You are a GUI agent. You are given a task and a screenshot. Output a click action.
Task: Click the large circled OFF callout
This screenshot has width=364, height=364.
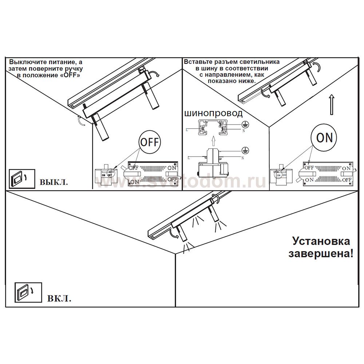[x=149, y=142]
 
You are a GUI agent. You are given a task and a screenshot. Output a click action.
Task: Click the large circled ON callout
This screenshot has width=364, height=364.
[x=324, y=138]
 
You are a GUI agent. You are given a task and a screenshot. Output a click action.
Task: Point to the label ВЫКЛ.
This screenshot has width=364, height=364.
[x=54, y=182]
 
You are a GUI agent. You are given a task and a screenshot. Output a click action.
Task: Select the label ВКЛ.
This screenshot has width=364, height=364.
[x=59, y=299]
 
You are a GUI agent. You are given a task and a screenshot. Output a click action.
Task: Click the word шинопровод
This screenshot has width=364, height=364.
[x=213, y=114]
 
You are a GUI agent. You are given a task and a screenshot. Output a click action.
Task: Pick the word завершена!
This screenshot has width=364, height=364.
[x=321, y=253]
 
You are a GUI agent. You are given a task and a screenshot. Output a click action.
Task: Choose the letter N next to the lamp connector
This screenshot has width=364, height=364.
[x=243, y=158]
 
